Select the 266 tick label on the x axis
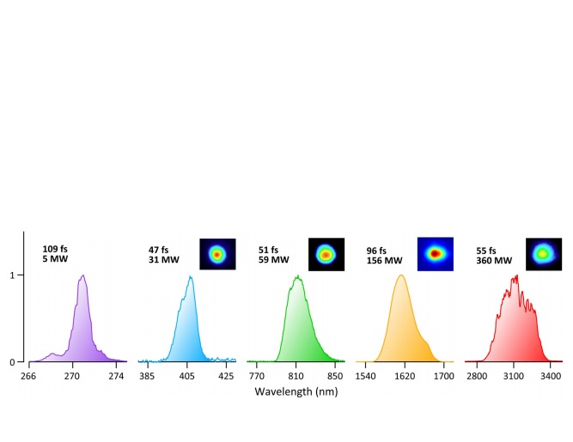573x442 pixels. point(28,376)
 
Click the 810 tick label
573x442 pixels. point(296,376)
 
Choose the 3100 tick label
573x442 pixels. point(513,376)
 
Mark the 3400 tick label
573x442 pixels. point(551,376)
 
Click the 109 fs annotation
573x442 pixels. point(55,249)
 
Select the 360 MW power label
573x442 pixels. point(494,261)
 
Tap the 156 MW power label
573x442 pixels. point(384,261)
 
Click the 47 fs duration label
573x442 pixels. point(158,250)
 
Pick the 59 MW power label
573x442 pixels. point(274,261)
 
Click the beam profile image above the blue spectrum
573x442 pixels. point(217,254)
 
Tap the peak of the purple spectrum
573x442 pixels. point(82,276)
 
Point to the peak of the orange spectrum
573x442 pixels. point(400,275)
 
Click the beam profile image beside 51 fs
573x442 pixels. point(326,254)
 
